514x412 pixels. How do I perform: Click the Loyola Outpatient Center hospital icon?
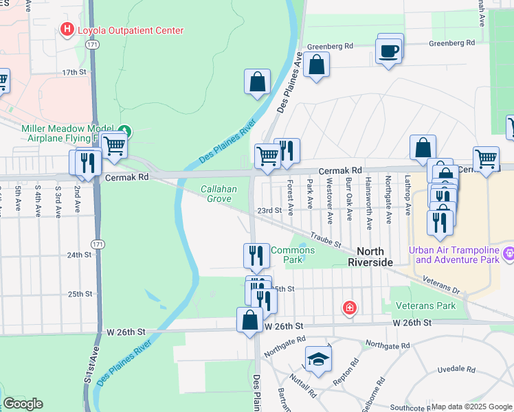point(67,30)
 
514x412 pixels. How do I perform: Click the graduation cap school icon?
point(318,359)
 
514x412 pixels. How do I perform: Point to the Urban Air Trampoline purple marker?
point(509,254)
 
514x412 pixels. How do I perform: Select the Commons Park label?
point(293,255)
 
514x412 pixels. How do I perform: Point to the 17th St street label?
point(76,72)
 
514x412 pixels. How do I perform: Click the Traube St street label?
point(325,240)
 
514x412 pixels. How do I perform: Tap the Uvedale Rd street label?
point(457,369)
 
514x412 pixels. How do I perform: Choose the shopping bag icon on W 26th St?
point(249,320)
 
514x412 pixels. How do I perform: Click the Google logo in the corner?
point(23,404)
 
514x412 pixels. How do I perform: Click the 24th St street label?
point(80,255)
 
